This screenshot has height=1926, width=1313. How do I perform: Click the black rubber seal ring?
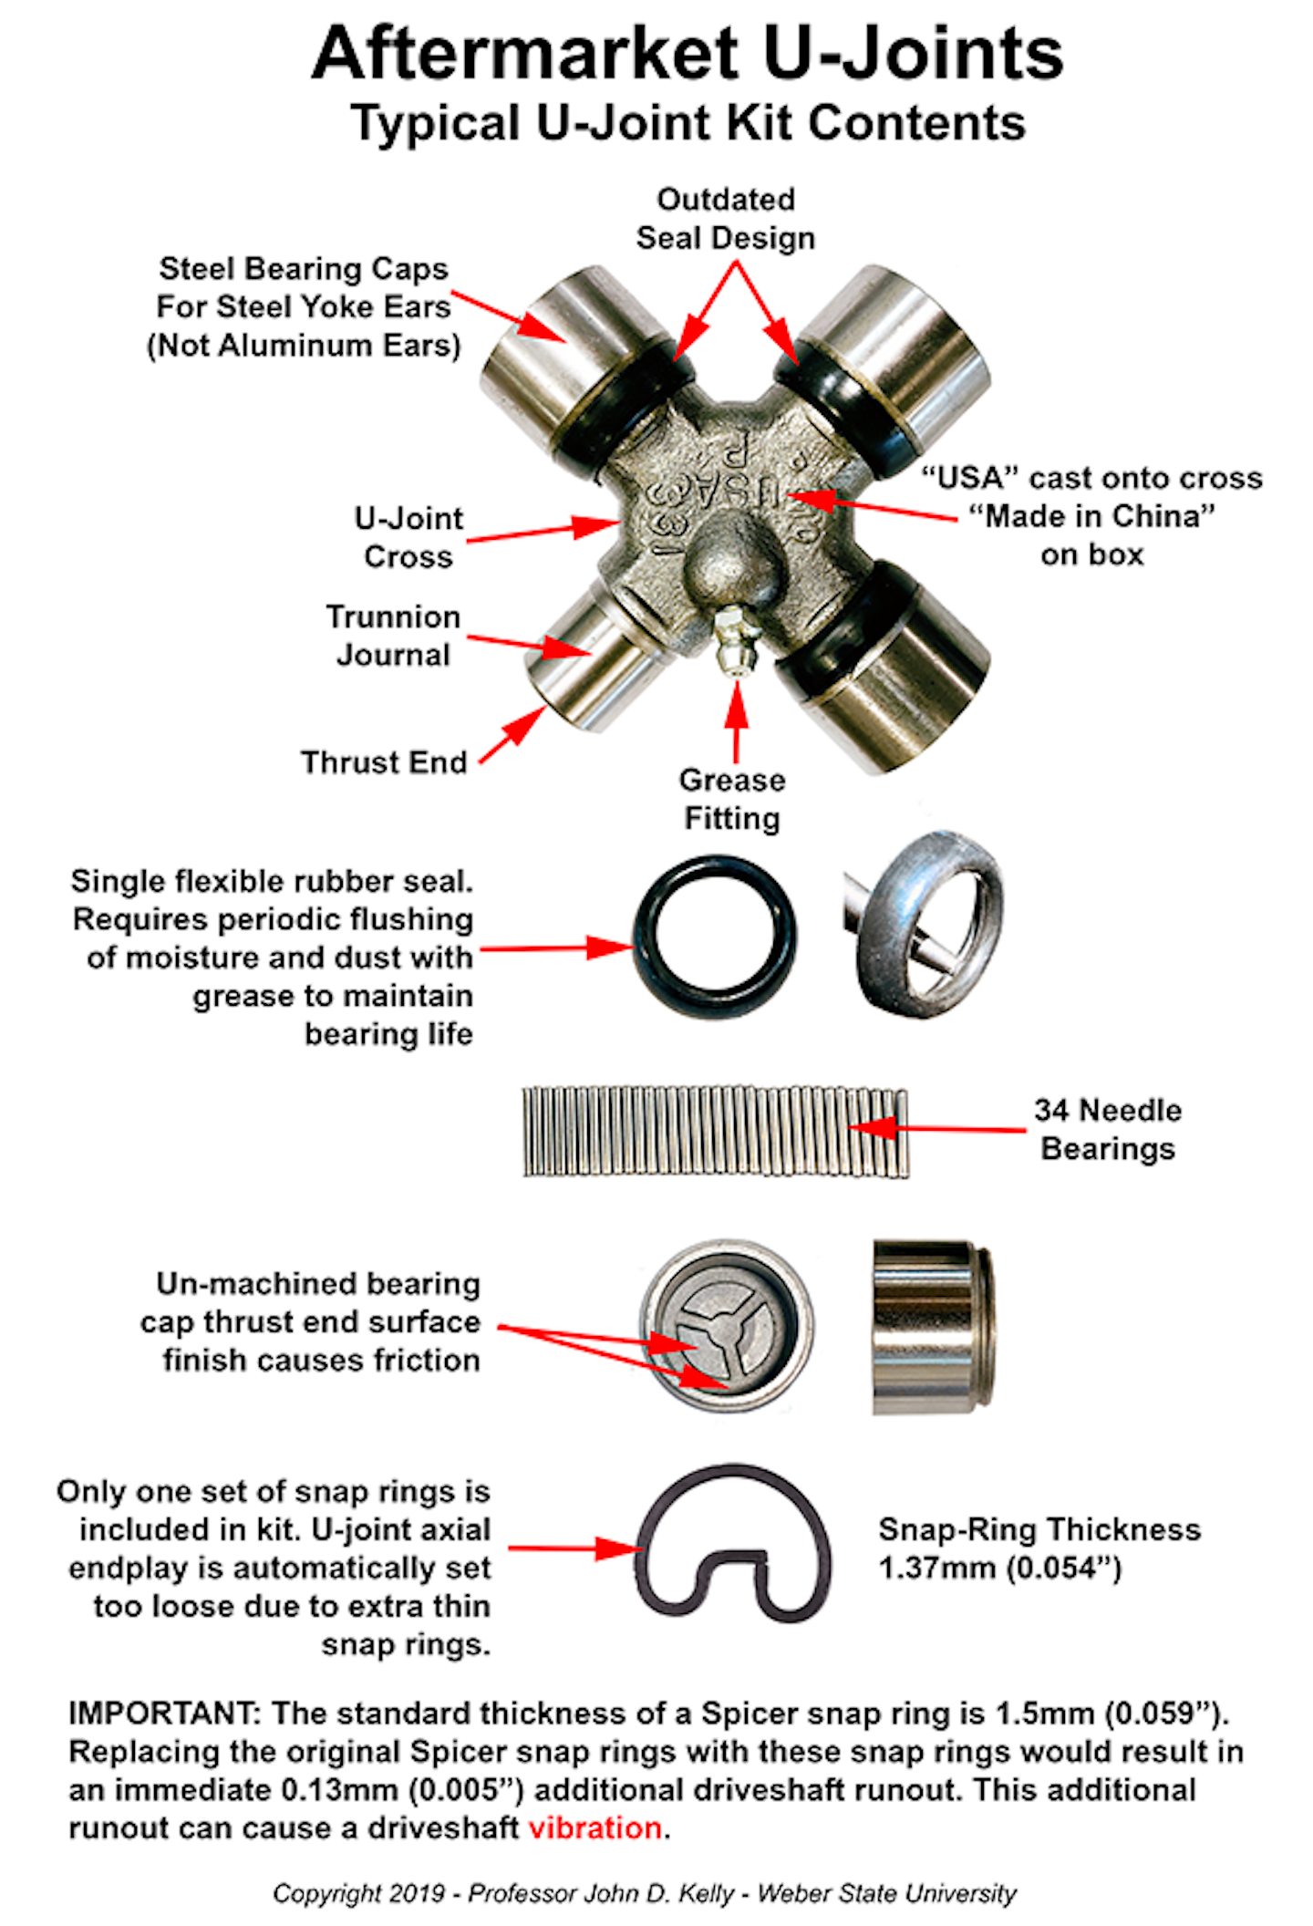[x=715, y=936]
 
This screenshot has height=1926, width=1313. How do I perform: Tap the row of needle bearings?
[x=715, y=1132]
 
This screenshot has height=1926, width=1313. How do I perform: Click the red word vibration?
[x=594, y=1828]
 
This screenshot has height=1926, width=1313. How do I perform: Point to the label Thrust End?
[x=384, y=761]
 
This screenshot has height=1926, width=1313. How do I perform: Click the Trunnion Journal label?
[x=393, y=636]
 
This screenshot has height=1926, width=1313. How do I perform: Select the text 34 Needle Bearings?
[x=1107, y=1129]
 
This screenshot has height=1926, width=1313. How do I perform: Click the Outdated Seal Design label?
[x=726, y=219]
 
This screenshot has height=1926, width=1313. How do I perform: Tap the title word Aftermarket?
[x=524, y=53]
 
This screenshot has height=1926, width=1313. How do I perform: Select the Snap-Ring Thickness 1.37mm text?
[x=1039, y=1548]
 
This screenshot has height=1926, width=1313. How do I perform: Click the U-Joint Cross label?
[x=408, y=537]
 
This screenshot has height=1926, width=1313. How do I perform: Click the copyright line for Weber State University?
[x=644, y=1893]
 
